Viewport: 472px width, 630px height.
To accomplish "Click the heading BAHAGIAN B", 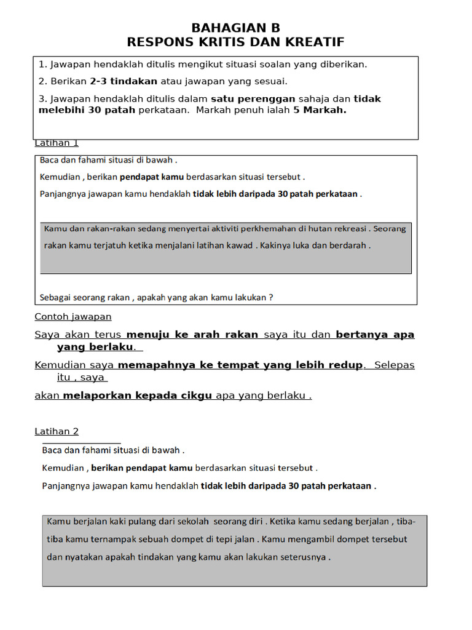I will coord(235,28).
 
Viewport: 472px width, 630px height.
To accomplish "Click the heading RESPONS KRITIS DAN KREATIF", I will coord(235,42).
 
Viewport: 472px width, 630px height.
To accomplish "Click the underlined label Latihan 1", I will coord(57,143).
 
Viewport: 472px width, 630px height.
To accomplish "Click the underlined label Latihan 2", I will coord(57,431).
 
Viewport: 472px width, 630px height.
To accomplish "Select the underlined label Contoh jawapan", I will coord(73,317).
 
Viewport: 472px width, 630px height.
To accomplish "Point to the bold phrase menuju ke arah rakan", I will coord(192,335).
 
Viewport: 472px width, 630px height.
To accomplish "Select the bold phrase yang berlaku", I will coord(95,347).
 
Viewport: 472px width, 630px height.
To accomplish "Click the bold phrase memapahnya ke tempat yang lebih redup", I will coord(240,365).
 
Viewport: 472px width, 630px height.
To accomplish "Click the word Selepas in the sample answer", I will coord(394,365).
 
